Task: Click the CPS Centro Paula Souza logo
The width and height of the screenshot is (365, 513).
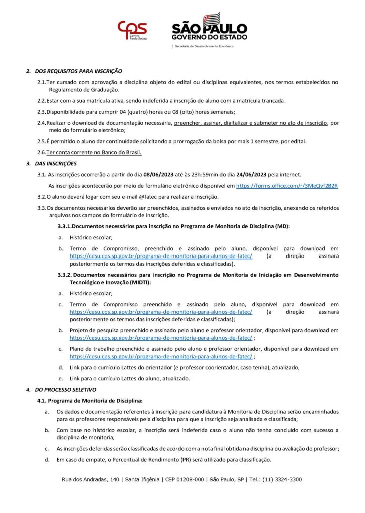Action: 132,32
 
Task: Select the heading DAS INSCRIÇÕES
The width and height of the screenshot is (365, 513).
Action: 56,163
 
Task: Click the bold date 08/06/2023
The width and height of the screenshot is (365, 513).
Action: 160,174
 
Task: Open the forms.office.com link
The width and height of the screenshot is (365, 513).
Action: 287,185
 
